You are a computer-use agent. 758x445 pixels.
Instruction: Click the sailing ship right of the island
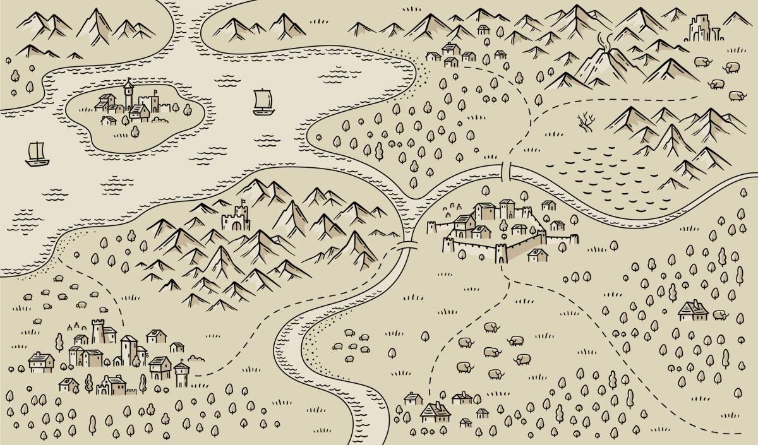pos(263,102)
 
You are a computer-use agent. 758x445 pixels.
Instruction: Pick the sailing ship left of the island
pos(37,154)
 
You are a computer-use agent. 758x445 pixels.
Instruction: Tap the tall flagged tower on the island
pos(128,95)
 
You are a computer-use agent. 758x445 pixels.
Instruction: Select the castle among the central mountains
pos(236,218)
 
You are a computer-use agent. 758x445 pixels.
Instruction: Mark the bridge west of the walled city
pos(407,245)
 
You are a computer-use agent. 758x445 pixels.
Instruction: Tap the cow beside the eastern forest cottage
pos(720,314)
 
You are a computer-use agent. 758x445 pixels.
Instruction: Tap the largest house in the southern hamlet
pos(435,412)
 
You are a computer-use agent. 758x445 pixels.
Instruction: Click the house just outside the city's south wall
pos(538,254)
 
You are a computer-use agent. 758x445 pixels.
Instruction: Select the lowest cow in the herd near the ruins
pos(736,96)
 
